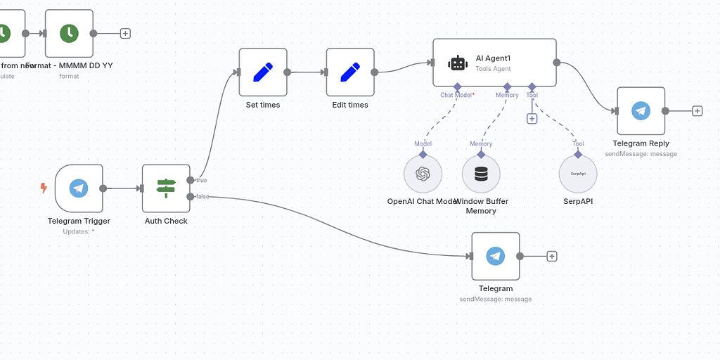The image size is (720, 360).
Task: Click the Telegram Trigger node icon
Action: pos(79,188)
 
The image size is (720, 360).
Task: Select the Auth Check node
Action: pos(166,188)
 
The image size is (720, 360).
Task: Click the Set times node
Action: pos(263,72)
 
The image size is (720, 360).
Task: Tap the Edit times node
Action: pos(350,72)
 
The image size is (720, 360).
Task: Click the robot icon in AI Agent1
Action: pos(458,63)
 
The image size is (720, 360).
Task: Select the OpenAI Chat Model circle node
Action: pos(423,174)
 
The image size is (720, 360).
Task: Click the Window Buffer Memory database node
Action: pos(481,174)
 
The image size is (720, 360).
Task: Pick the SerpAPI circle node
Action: pos(578,174)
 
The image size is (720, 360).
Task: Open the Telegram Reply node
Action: pos(641,111)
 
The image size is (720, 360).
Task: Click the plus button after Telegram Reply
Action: pos(697,111)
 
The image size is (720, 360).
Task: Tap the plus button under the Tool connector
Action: pos(532,119)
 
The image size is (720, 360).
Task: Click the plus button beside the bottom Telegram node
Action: pos(552,257)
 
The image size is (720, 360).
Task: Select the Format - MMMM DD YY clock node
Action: pos(69,33)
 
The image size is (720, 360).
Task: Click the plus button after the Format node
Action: pos(125,33)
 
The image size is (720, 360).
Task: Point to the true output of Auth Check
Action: pos(191,180)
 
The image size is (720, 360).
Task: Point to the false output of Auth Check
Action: pos(191,196)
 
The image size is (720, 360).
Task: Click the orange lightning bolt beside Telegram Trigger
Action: pos(44,188)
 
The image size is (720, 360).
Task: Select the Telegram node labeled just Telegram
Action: pos(495,257)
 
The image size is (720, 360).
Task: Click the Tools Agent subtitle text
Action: pos(493,69)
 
